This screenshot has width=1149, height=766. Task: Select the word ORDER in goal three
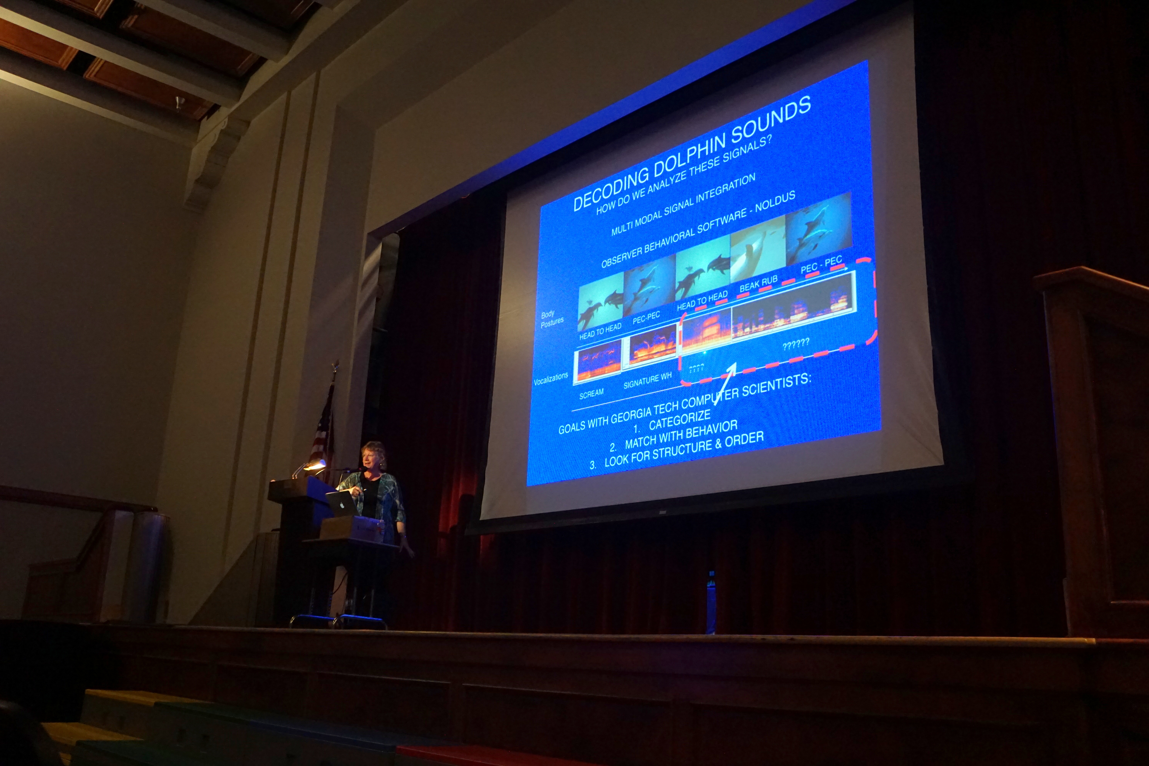click(x=744, y=440)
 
